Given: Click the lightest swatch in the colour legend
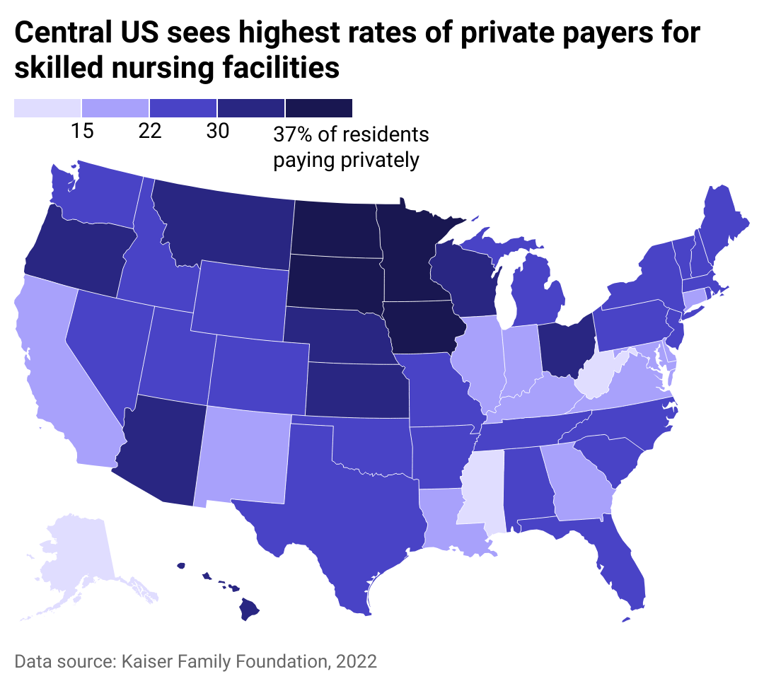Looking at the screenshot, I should pyautogui.click(x=47, y=107).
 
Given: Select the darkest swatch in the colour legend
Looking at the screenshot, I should pyautogui.click(x=319, y=107).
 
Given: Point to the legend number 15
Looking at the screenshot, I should pyautogui.click(x=82, y=132).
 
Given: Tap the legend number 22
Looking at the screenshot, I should pyautogui.click(x=150, y=132).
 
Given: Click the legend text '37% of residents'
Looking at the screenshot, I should pyautogui.click(x=351, y=134).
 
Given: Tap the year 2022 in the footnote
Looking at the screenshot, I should pyautogui.click(x=355, y=662).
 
